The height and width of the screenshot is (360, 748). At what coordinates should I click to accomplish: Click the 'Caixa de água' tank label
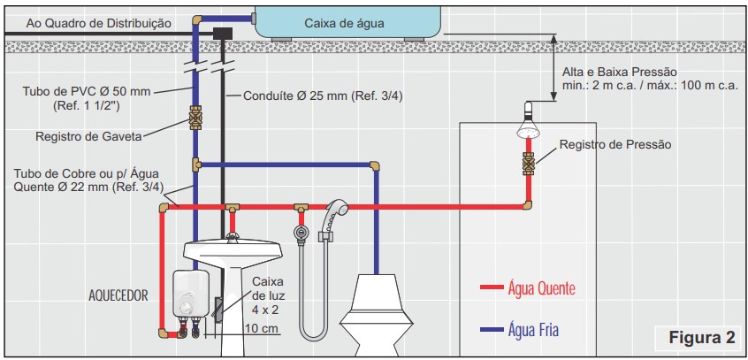(x=344, y=23)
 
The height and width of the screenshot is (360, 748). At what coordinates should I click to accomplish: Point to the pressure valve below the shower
(x=528, y=164)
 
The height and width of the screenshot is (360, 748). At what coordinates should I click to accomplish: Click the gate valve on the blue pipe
(x=195, y=118)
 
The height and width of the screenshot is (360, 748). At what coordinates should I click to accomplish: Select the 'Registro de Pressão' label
(x=615, y=144)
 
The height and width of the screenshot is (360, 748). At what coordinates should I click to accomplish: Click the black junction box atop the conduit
(x=223, y=33)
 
